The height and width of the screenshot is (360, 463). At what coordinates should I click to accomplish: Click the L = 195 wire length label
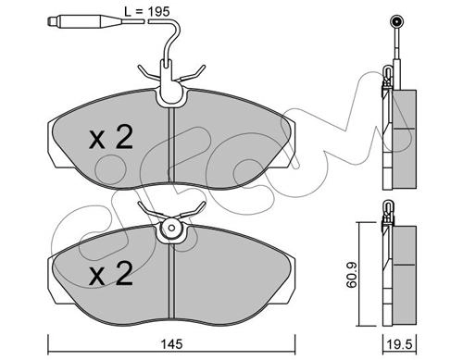[x=146, y=12]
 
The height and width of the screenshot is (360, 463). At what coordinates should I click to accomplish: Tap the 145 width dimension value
[x=172, y=344]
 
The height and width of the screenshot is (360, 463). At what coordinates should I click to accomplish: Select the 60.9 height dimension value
[x=351, y=275]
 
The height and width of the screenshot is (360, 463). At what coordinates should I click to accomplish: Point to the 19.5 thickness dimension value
[x=400, y=344]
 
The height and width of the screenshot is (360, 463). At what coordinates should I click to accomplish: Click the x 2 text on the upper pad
[x=111, y=138]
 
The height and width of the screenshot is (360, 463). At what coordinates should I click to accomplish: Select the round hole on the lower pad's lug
[x=172, y=229]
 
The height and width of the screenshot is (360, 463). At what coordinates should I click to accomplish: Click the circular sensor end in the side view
[x=396, y=21]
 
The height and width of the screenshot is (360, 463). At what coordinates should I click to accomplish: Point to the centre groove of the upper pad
[x=172, y=145]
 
